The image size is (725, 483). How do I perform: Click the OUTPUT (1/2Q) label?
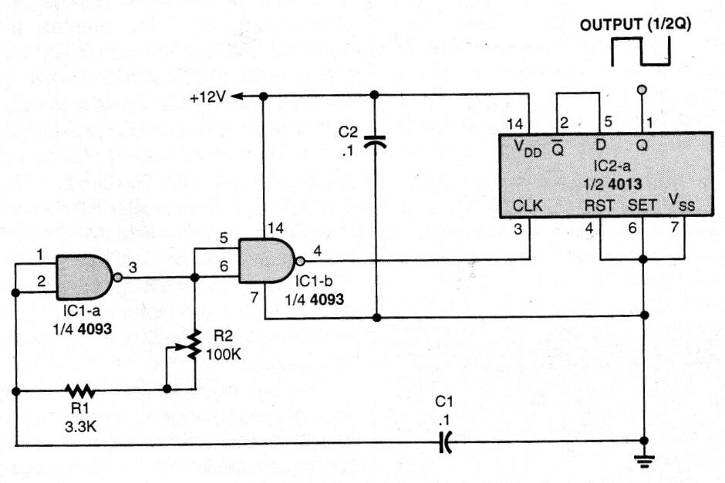[636, 23]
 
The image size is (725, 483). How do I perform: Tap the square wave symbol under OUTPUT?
[640, 53]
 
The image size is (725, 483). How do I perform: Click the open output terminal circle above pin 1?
[640, 90]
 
